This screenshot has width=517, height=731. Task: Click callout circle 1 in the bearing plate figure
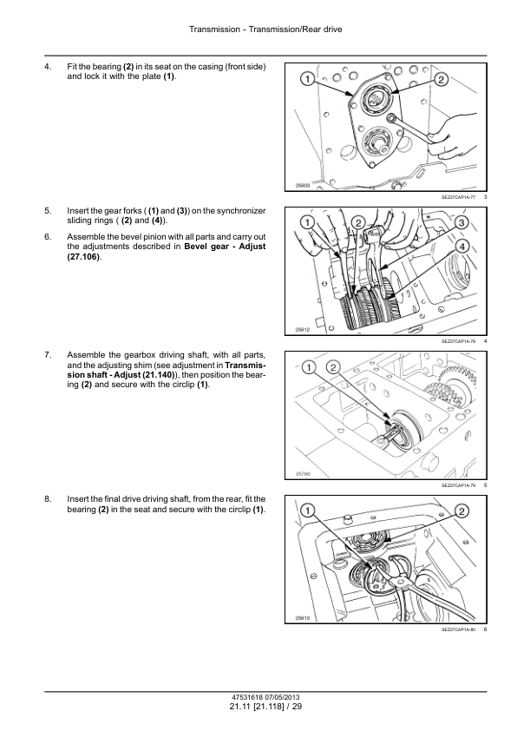pos(307,79)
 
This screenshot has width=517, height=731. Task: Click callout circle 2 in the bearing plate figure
pos(441,79)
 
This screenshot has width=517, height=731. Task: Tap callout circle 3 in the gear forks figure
pos(461,222)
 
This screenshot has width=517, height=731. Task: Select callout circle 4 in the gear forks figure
pos(461,247)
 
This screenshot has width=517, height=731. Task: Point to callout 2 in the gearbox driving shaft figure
pos(333,367)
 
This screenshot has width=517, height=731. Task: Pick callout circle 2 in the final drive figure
pos(461,511)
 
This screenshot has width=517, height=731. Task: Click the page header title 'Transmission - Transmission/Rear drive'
pos(265,30)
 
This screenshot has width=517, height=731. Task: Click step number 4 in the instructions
pos(48,67)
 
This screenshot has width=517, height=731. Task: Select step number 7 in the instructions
pos(48,355)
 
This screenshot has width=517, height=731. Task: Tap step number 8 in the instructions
pos(48,499)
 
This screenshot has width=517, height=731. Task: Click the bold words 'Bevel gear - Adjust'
pos(225,247)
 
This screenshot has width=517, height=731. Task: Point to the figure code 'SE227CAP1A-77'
pos(459,197)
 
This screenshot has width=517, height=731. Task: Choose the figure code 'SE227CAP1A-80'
pos(459,629)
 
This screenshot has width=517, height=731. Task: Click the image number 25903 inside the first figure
pos(303,186)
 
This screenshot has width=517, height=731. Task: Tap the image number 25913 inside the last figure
pos(303,618)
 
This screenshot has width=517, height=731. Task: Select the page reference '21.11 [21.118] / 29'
pos(265,707)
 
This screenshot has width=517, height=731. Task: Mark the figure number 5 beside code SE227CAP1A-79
pos(485,485)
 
